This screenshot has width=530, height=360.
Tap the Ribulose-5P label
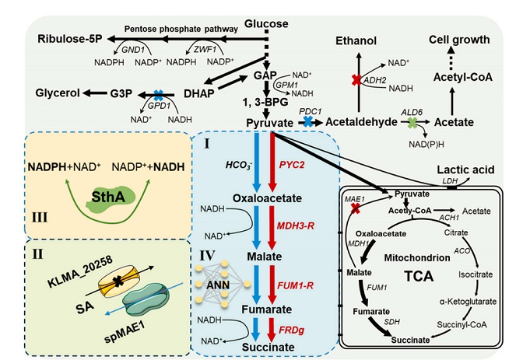pos(69,38)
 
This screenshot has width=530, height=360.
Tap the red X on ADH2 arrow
pos(359,80)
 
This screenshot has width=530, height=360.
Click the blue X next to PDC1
pos(308,123)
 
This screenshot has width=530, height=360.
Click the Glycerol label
pos(57,93)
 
